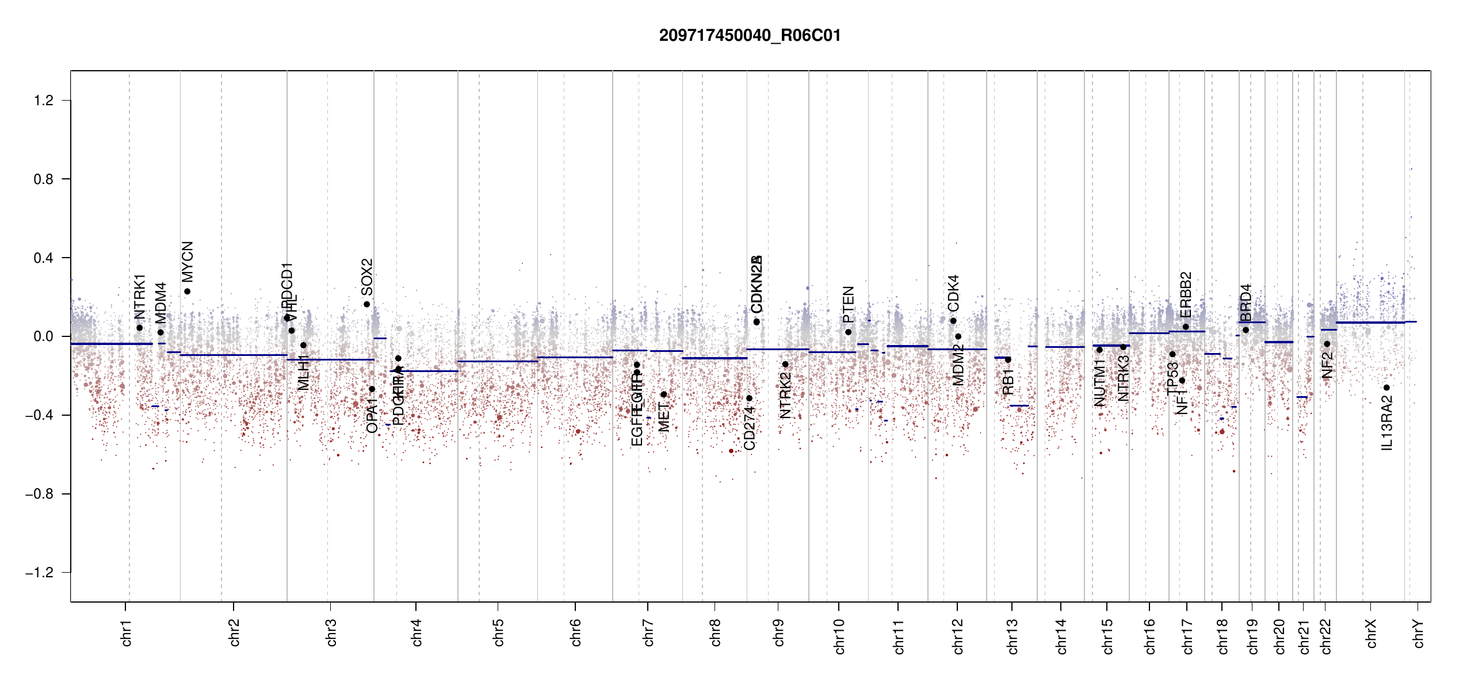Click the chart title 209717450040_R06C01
pos(750,36)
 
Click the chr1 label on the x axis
pos(126,632)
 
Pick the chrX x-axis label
pos(1371,633)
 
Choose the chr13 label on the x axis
pos(1012,636)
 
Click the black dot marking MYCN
pos(187,292)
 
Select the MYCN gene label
pos(187,262)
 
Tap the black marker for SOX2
pos(366,304)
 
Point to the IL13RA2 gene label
pos(1386,423)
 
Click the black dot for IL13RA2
pos(1386,388)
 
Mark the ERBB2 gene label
pos(1186,294)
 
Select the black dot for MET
pos(663,394)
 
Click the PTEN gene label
pos(848,304)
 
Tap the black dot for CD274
pos(749,398)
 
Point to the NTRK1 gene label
pos(139,297)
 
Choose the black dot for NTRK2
pos(785,365)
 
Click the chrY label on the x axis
pos(1418,633)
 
